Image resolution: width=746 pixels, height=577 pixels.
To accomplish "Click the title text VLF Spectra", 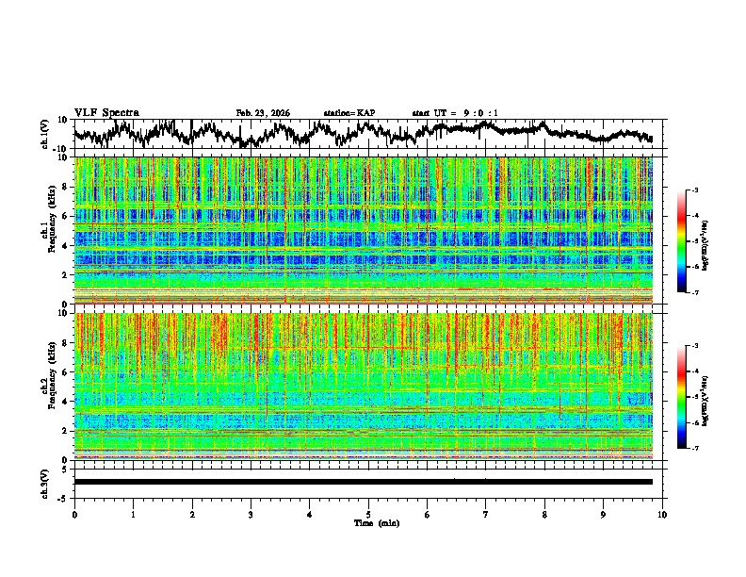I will coord(106,112).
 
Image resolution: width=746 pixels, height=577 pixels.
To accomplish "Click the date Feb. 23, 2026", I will coord(263,113).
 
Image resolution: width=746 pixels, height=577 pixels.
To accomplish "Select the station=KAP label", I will coord(349,113).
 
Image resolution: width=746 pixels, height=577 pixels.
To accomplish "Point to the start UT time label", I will coord(455,113).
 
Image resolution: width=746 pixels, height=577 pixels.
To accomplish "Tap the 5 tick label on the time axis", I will coord(368,514).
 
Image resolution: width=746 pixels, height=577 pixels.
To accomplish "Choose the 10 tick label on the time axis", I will coord(662,514).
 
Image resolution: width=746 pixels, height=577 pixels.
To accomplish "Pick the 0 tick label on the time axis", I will coord(74,514).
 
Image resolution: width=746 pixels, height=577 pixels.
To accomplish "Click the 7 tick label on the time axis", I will coord(486,514).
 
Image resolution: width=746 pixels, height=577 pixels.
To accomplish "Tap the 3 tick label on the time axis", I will coord(251,514).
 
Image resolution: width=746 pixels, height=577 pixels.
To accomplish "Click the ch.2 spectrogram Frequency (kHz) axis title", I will coord(49,386).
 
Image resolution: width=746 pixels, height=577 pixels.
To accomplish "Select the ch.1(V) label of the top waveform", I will coord(46,134).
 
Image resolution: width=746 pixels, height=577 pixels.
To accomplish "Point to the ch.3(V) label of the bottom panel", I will coord(46,482).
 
